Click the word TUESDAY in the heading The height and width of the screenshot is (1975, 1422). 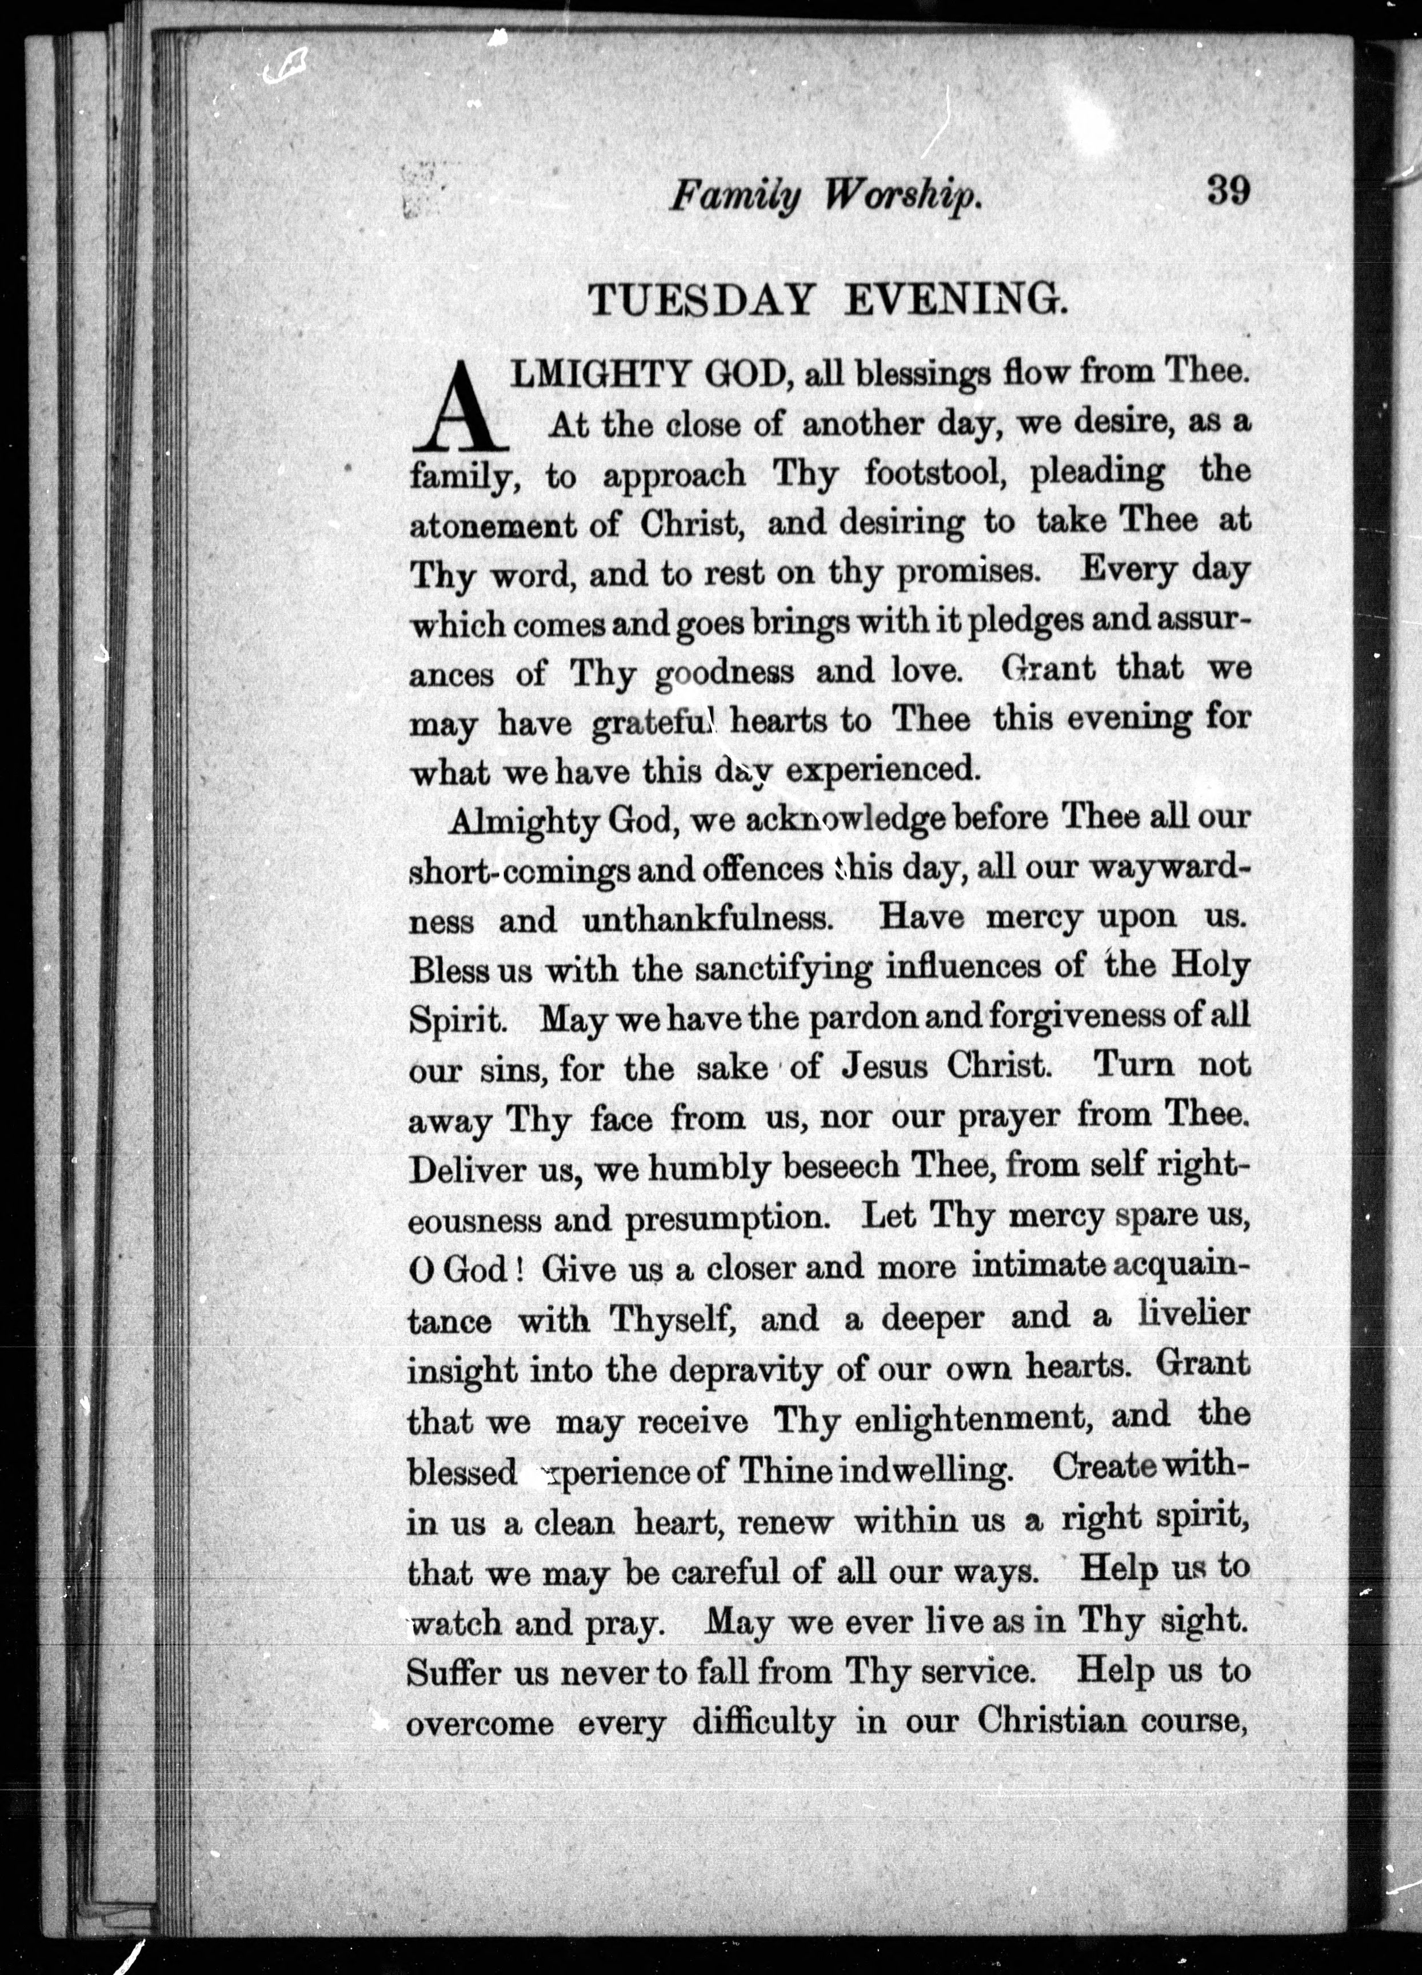point(701,301)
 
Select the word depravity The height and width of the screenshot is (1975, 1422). point(745,1370)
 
